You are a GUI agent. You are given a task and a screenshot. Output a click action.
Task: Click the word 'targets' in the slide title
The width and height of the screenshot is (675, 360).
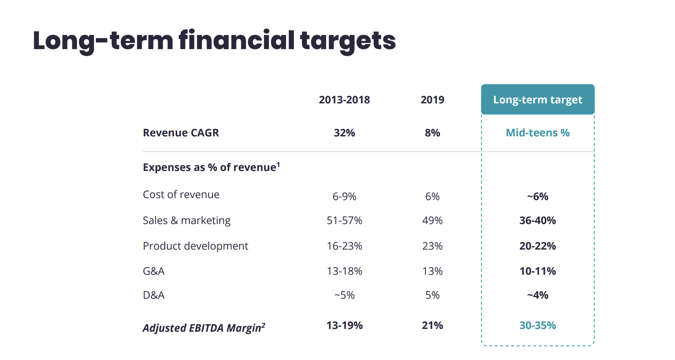[348, 41]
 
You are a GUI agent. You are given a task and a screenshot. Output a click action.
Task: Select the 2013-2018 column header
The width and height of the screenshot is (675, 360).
[344, 100]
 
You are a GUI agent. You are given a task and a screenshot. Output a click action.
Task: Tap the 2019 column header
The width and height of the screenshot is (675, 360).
[432, 100]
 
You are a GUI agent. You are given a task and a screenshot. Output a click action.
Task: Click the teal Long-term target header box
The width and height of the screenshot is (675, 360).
[537, 99]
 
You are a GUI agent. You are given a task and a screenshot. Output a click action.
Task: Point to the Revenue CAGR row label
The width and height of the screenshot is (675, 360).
[181, 133]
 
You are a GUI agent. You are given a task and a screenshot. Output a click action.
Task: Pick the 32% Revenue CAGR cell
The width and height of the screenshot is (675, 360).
[344, 133]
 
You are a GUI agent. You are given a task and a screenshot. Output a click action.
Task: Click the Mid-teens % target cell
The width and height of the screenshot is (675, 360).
[537, 133]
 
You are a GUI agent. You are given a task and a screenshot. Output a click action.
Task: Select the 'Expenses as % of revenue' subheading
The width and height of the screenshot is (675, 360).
[211, 167]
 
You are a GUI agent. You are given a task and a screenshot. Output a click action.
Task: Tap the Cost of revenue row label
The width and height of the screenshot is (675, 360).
[181, 195]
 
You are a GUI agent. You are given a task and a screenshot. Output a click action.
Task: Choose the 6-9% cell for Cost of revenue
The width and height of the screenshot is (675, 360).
[344, 197]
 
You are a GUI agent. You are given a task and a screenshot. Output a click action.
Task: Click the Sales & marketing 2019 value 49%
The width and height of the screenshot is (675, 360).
[432, 220]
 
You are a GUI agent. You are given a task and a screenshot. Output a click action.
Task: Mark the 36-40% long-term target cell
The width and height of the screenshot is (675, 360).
[537, 220]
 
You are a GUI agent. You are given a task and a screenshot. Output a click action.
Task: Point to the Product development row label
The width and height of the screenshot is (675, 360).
[195, 246]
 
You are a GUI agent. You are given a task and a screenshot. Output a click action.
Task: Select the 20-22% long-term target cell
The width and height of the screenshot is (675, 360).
[537, 246]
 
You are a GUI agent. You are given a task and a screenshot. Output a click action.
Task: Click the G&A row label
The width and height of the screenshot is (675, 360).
[154, 271]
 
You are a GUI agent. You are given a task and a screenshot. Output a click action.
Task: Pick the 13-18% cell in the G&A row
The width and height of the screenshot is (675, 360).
[344, 271]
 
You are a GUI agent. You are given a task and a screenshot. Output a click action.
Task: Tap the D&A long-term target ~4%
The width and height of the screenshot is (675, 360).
[537, 295]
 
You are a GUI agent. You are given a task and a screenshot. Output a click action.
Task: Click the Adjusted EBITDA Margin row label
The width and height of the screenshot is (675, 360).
[204, 328]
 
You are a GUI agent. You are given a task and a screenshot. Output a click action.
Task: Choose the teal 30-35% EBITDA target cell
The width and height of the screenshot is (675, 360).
[537, 325]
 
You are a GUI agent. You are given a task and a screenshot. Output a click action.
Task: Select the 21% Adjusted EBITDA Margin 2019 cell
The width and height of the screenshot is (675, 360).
[432, 325]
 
